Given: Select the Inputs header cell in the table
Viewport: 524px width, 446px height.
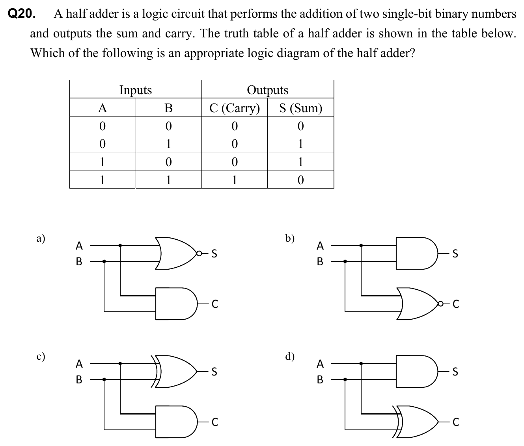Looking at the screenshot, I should coord(135,90).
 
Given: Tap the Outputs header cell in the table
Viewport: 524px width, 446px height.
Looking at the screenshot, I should coord(267,90).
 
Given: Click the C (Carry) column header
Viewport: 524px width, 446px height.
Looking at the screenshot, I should coord(235,108).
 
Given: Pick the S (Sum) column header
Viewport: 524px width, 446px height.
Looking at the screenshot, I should coord(300,108).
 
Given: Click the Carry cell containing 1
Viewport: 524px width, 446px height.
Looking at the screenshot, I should coord(235,180).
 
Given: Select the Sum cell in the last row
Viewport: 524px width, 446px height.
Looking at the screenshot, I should coord(300,180).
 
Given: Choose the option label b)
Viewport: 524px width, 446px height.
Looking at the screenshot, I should coord(290,239).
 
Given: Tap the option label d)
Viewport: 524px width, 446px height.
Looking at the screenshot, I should coord(290,357).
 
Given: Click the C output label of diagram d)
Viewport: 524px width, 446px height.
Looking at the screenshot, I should coord(456,422).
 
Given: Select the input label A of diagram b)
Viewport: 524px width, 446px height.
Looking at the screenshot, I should coord(320,246).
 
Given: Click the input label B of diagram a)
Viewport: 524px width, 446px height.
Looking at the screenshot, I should coord(79,261).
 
